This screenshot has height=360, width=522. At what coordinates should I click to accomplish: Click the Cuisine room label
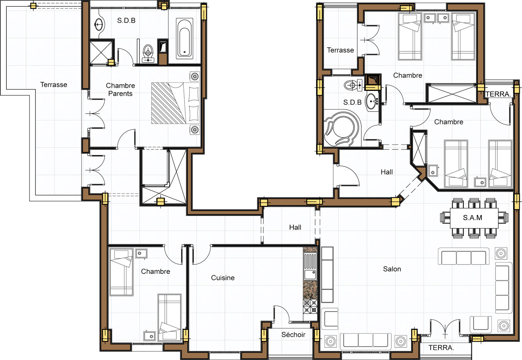tap(223, 278)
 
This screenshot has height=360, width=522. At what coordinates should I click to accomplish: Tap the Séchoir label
tap(293, 335)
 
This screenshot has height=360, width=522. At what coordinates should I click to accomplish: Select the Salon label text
tap(392, 269)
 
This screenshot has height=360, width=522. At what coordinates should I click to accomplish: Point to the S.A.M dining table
tap(474, 218)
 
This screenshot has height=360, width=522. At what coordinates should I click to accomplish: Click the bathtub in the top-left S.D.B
tap(185, 38)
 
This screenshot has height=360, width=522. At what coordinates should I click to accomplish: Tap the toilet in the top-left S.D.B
tap(148, 54)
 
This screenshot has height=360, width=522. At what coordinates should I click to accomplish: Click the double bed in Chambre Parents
tap(176, 103)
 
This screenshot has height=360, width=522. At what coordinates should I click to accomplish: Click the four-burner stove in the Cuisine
tap(310, 306)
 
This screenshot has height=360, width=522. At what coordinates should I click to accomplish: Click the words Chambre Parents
tap(120, 89)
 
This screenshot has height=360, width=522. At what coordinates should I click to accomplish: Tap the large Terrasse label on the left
tap(54, 85)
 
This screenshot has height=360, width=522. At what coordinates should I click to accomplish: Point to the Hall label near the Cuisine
tap(295, 227)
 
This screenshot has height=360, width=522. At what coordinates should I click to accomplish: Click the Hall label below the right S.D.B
tap(387, 172)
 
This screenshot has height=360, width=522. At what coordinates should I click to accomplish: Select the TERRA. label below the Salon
tap(441, 348)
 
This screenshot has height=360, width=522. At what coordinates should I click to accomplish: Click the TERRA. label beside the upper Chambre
tap(498, 94)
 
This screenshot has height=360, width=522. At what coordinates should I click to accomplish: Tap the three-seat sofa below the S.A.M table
tap(464, 256)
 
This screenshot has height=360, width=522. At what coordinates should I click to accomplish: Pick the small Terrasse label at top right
tap(340, 50)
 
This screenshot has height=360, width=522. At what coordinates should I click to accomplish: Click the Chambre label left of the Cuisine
tap(155, 271)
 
